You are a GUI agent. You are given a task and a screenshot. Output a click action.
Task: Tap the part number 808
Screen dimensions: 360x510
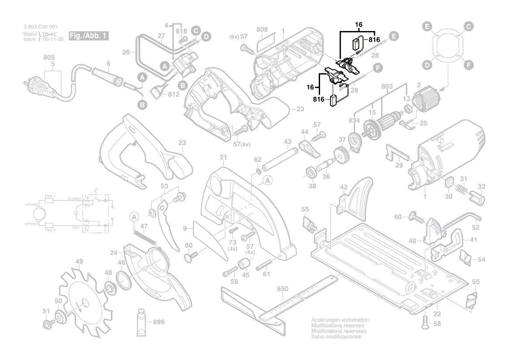point(262,30)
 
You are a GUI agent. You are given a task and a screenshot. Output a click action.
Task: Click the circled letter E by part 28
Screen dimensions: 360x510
point(394,37)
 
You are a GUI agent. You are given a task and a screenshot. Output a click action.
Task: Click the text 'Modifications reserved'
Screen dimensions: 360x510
point(338,326)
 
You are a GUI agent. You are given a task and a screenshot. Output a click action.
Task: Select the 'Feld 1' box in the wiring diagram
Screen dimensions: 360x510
point(49,197)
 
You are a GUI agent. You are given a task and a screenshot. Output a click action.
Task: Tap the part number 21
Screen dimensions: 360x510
point(223,157)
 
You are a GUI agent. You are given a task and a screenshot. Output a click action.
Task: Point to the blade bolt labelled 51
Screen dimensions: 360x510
point(47,323)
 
